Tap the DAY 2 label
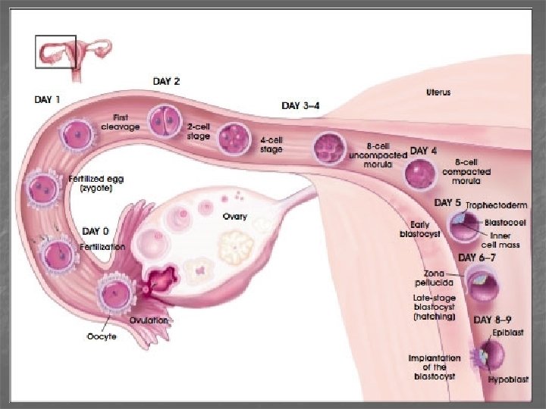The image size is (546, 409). coord(167,81)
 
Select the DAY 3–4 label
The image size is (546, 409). coord(300,106)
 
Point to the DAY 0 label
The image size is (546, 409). coord(99,230)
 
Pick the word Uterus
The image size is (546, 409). coord(438,92)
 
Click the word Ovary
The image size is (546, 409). coord(234,217)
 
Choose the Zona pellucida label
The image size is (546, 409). coord(435,276)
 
